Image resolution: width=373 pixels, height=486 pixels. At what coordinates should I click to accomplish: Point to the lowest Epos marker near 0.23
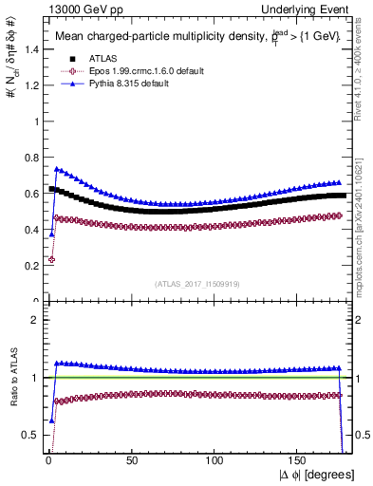(51, 259)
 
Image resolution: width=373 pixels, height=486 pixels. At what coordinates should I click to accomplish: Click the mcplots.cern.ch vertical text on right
(364, 223)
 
